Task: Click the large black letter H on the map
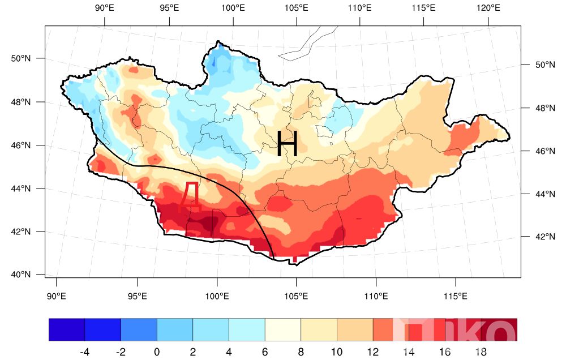click(x=288, y=143)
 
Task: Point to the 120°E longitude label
click(x=488, y=8)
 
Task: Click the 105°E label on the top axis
click(x=297, y=8)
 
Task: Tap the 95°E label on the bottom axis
click(x=137, y=296)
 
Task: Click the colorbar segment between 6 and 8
click(x=283, y=330)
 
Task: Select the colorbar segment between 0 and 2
click(x=175, y=330)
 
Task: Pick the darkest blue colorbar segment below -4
click(x=67, y=330)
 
